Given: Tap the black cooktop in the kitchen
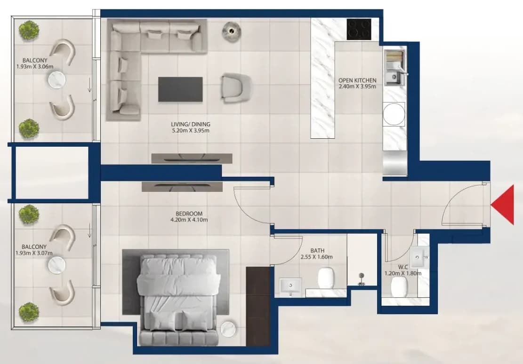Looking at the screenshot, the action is click(x=359, y=29).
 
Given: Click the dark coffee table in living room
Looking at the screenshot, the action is click(x=180, y=89).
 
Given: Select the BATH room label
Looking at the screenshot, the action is click(x=317, y=250).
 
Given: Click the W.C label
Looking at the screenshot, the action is click(x=403, y=267).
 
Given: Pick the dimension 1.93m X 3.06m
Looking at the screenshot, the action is click(x=35, y=67).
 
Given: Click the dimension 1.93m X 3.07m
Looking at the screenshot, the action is click(x=34, y=253).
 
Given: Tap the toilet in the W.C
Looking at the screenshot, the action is click(x=399, y=286).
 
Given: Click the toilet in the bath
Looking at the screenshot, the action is click(x=326, y=277).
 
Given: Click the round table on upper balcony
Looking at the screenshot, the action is click(x=56, y=80).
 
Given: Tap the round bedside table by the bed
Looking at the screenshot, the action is click(x=228, y=328).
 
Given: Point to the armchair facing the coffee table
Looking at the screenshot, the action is click(x=235, y=87).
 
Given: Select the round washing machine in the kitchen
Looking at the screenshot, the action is click(x=394, y=114).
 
